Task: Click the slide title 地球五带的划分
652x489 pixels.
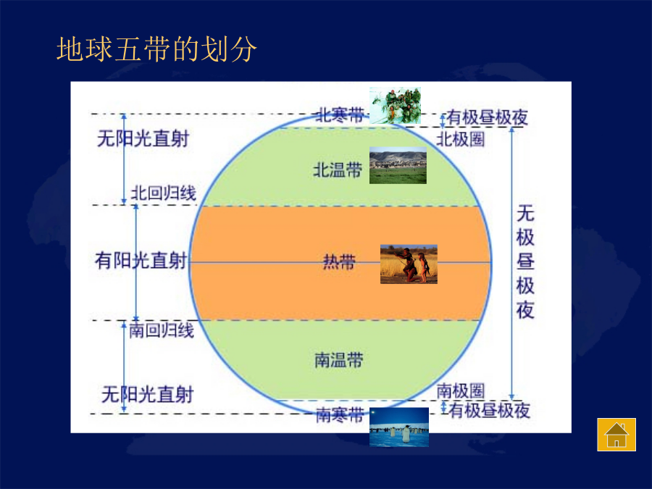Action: (156, 49)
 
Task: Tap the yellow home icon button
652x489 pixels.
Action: (617, 435)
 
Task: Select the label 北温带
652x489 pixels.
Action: (338, 170)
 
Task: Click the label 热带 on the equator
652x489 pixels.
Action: (339, 262)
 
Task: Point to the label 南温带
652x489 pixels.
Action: (339, 360)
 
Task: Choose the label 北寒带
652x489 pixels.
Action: (340, 114)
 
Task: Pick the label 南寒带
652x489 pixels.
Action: (340, 415)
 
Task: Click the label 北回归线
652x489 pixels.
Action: (164, 193)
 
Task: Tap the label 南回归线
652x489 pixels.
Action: (162, 330)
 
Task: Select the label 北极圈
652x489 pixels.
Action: (461, 139)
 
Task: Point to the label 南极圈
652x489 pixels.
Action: (461, 391)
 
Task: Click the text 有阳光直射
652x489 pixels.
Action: (141, 261)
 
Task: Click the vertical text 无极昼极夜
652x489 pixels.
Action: (525, 262)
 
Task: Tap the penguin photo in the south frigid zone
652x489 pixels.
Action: (399, 427)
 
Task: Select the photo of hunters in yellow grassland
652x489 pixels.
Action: (409, 264)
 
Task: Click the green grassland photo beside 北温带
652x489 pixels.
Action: (398, 165)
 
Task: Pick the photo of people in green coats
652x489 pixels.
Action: (395, 106)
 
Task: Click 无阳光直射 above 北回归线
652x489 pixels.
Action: (143, 138)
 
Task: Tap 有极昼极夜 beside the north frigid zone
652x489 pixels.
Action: (488, 117)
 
